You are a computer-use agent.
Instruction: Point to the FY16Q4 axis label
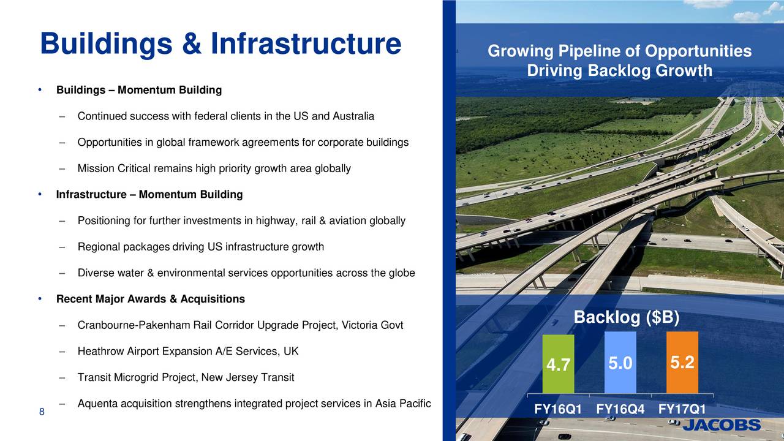click(x=620, y=409)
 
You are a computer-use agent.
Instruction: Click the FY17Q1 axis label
click(x=682, y=409)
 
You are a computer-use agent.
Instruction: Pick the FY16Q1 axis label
click(x=558, y=409)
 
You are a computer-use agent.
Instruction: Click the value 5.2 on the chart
click(x=682, y=363)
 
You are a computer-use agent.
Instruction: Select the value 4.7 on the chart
click(x=558, y=366)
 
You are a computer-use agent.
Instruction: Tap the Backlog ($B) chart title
click(x=626, y=318)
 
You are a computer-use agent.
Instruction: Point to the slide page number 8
click(x=42, y=412)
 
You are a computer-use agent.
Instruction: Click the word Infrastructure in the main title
click(x=305, y=43)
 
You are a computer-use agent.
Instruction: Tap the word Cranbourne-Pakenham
click(x=134, y=325)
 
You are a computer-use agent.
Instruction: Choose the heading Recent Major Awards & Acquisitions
click(x=150, y=299)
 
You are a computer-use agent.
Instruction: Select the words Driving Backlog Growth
click(x=619, y=71)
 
